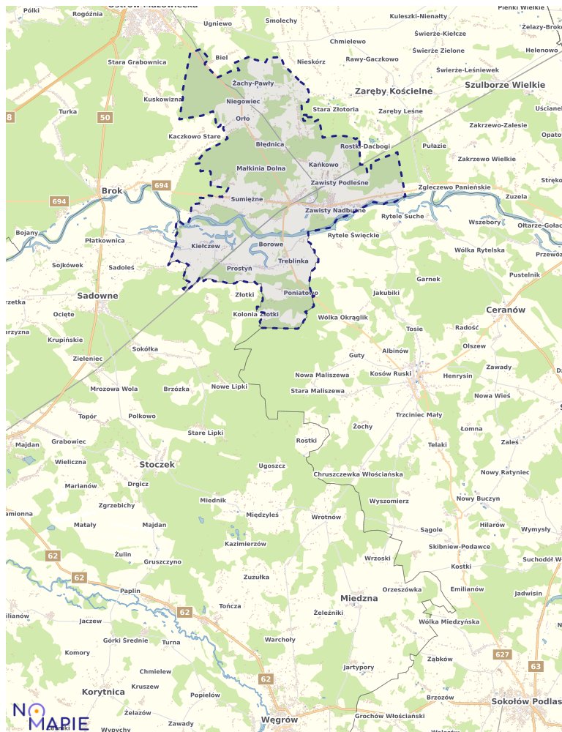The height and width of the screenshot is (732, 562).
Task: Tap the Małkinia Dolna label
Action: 261,168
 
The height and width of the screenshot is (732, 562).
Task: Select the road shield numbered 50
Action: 105,117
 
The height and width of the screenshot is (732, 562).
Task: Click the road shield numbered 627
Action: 502,654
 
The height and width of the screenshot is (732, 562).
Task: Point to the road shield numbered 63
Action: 536,666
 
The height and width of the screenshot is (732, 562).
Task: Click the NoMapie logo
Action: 50,714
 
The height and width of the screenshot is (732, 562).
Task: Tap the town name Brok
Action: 112,191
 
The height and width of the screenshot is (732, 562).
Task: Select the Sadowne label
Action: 97,296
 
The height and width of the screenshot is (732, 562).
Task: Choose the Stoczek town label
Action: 157,464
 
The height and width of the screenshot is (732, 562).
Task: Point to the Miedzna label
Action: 359,598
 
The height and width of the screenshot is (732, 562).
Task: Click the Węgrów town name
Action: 279,720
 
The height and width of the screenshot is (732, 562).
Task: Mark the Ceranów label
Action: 506,310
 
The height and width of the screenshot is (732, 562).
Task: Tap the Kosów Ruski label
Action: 391,373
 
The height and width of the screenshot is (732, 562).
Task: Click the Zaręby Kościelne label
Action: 394,91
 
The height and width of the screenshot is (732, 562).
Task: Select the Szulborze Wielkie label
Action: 505,85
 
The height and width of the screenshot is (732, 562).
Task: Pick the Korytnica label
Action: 103,691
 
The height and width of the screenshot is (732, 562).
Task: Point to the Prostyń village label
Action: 239,269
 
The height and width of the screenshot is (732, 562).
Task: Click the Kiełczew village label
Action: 206,246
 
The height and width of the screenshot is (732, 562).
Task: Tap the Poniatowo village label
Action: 301,293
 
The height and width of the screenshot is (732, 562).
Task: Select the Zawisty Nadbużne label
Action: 335,210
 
